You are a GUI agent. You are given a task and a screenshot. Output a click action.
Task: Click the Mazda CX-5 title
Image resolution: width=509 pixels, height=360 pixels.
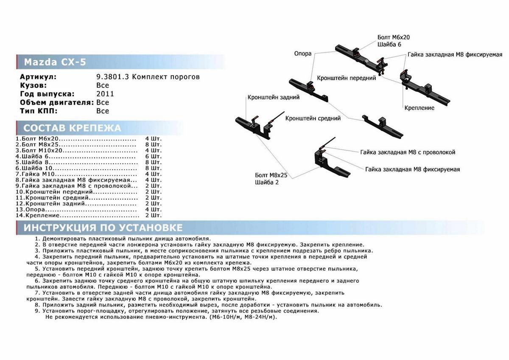[55, 62]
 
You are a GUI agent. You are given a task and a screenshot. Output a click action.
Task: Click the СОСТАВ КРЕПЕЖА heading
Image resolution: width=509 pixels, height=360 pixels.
[72, 128]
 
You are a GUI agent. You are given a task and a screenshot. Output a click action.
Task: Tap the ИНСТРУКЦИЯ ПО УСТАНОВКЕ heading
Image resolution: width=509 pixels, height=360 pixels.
[103, 228]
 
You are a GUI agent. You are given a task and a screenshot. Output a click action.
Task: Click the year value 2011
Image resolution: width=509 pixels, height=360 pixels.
[105, 94]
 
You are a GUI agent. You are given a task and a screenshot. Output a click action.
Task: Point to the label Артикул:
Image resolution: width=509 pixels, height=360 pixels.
[38, 77]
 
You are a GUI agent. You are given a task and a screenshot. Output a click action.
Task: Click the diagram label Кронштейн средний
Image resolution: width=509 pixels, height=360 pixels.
[313, 118]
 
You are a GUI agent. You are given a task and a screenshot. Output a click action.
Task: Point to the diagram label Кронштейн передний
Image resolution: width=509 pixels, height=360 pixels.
[347, 78]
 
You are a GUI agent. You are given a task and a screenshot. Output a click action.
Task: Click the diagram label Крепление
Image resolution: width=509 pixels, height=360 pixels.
[419, 108]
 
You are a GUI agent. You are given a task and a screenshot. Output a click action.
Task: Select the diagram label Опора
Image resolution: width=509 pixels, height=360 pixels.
[302, 53]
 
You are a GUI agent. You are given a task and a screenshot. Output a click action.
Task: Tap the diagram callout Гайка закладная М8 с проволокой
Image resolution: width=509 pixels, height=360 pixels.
[408, 152]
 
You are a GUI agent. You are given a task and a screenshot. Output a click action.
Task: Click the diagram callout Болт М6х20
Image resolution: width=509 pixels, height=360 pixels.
[394, 37]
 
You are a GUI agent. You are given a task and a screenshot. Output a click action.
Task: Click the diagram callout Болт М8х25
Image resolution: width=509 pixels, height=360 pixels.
[271, 175]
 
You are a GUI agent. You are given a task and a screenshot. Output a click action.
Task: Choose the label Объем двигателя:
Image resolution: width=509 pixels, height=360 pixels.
[57, 102]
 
